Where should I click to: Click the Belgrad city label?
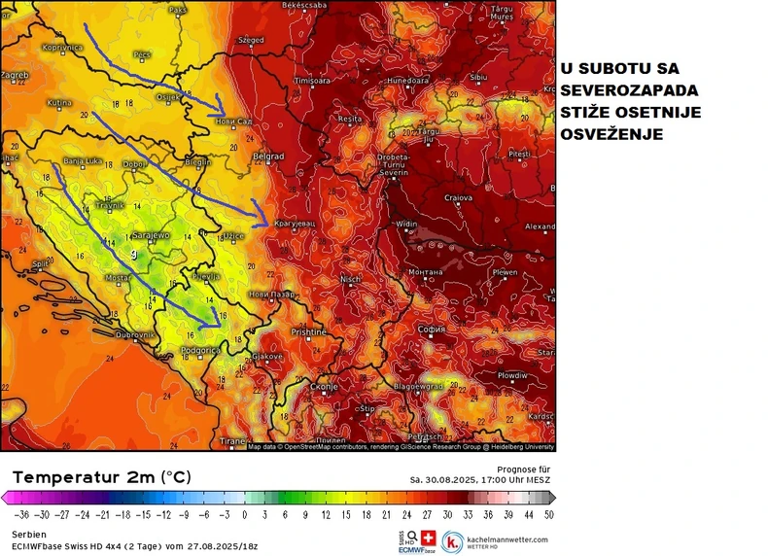(x=267, y=156)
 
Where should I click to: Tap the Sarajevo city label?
(x=152, y=235)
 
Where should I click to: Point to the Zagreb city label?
(x=15, y=74)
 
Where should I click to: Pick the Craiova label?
(x=458, y=197)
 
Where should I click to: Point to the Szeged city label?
(x=251, y=41)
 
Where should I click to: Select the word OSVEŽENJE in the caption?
(x=611, y=135)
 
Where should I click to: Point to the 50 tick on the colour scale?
(x=549, y=513)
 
